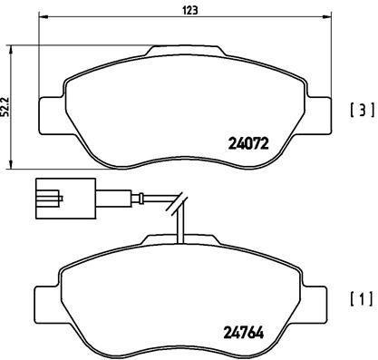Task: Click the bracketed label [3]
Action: (360, 112)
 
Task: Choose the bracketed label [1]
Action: (360, 299)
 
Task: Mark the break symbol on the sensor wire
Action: (179, 204)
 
